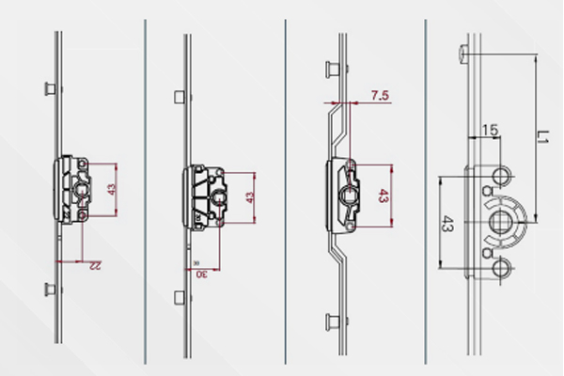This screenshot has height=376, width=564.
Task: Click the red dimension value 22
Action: (x=95, y=266)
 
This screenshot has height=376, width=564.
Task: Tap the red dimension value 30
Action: (x=202, y=274)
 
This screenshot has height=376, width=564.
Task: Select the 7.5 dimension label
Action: (x=380, y=95)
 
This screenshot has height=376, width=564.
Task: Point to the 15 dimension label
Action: (x=490, y=130)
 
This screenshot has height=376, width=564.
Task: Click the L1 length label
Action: (x=541, y=136)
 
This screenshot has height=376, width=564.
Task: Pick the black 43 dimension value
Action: (x=447, y=224)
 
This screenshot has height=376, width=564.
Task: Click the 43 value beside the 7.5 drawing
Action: (x=384, y=196)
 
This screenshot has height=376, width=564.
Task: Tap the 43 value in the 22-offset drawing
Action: (x=112, y=190)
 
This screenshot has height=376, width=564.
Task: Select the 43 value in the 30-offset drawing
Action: (x=250, y=197)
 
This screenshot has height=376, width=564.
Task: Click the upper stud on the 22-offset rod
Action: (x=50, y=88)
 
